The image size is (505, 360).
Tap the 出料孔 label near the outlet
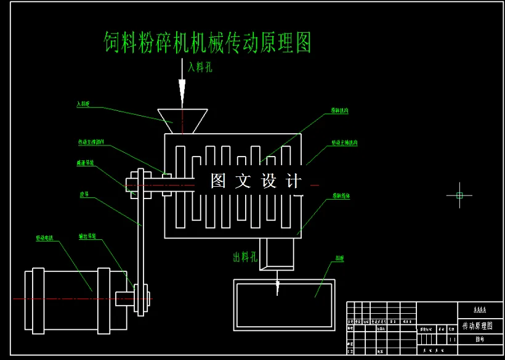(244, 257)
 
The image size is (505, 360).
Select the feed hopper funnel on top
(182, 121)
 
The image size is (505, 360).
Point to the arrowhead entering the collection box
(278, 287)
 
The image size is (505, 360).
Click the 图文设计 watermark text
(256, 181)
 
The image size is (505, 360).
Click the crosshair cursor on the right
(459, 195)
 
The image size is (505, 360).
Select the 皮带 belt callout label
(84, 194)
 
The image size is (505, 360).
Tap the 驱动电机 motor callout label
(45, 237)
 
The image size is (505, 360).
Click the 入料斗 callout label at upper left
(83, 104)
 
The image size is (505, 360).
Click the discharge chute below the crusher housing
(278, 253)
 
